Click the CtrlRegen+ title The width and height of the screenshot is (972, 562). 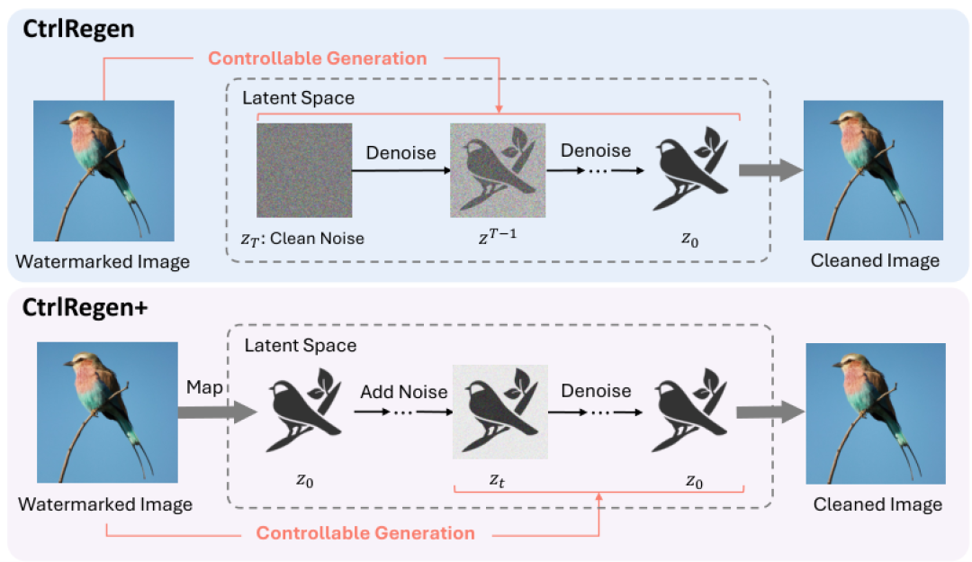tap(85, 308)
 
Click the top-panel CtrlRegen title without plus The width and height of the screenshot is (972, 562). tap(78, 29)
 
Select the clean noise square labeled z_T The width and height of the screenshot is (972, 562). tap(304, 170)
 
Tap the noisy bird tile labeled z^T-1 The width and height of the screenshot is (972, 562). tap(498, 170)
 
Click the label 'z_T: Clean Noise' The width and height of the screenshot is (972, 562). tap(302, 239)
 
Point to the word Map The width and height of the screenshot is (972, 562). tap(204, 387)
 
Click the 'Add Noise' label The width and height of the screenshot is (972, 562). tap(404, 392)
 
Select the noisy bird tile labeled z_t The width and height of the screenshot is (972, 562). tap(500, 412)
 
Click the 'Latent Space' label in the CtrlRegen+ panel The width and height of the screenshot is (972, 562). tap(301, 346)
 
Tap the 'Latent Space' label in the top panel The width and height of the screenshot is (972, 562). tap(298, 98)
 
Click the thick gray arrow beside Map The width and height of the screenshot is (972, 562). tap(218, 412)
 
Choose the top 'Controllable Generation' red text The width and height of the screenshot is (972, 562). tap(318, 59)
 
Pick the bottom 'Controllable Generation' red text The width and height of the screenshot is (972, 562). tap(365, 533)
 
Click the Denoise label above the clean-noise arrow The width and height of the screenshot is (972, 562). tap(401, 152)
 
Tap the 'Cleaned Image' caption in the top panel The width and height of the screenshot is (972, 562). tap(876, 260)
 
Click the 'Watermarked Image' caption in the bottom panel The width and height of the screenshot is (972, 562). tap(105, 504)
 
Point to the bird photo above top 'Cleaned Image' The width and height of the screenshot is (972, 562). tap(873, 170)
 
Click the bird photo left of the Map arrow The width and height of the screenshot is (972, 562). tap(107, 412)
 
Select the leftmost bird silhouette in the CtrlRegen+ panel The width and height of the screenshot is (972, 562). tap(304, 410)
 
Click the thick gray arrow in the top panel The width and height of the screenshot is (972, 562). tap(771, 170)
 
